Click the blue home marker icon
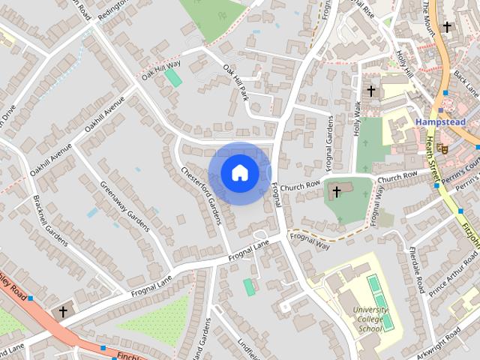point(239,173)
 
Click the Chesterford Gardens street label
point(201,194)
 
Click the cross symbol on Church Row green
point(337,192)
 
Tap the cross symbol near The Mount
point(447,27)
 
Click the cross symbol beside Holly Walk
point(370,91)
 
